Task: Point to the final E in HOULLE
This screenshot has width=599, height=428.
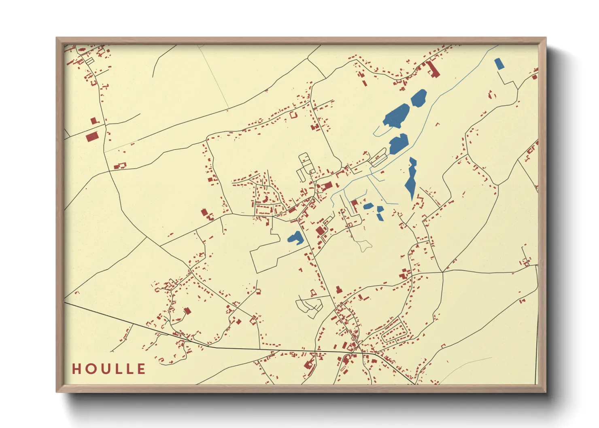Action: click(x=141, y=369)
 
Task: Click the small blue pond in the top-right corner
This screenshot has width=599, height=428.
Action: click(x=499, y=64)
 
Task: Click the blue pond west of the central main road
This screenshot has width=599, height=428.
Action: click(x=296, y=238)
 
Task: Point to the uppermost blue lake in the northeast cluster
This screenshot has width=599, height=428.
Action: click(x=419, y=97)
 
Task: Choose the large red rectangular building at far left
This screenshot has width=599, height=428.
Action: click(x=92, y=137)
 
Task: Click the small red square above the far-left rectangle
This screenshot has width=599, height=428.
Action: click(x=94, y=121)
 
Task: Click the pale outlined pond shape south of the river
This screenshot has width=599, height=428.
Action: click(x=364, y=245)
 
